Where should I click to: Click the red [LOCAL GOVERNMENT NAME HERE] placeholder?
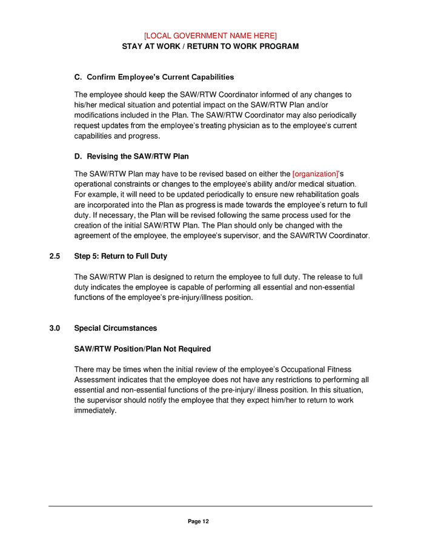210,36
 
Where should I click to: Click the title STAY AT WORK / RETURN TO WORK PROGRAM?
210,46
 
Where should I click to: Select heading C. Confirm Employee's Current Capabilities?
154,78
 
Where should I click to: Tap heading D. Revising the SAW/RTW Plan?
127,156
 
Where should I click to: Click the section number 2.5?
55,256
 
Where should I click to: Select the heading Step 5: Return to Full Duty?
121,256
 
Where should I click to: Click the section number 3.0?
55,328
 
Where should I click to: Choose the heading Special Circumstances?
115,328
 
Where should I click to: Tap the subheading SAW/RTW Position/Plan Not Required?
142,349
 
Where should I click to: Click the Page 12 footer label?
198,521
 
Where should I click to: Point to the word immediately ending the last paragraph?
94,411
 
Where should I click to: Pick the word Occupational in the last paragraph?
321,369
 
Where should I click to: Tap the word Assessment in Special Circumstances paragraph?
95,380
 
